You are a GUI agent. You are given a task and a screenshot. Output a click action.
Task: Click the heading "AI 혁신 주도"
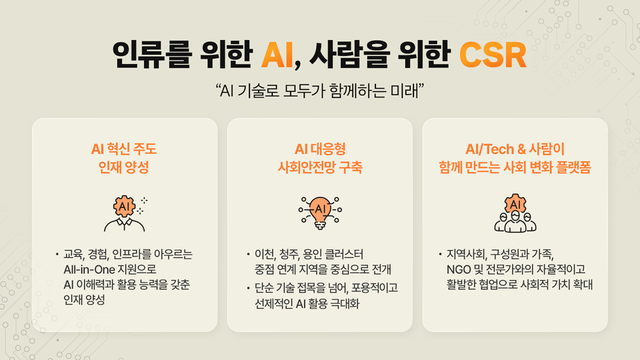tap(124, 148)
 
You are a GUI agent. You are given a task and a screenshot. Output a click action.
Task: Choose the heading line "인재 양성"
tap(124, 167)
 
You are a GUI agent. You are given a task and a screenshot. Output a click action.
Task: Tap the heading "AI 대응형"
tap(321, 148)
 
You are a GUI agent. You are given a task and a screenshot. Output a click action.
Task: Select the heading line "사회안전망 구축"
tap(321, 167)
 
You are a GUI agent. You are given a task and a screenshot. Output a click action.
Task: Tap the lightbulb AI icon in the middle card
tap(321, 210)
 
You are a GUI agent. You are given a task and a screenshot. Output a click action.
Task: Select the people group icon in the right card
tap(514, 210)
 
